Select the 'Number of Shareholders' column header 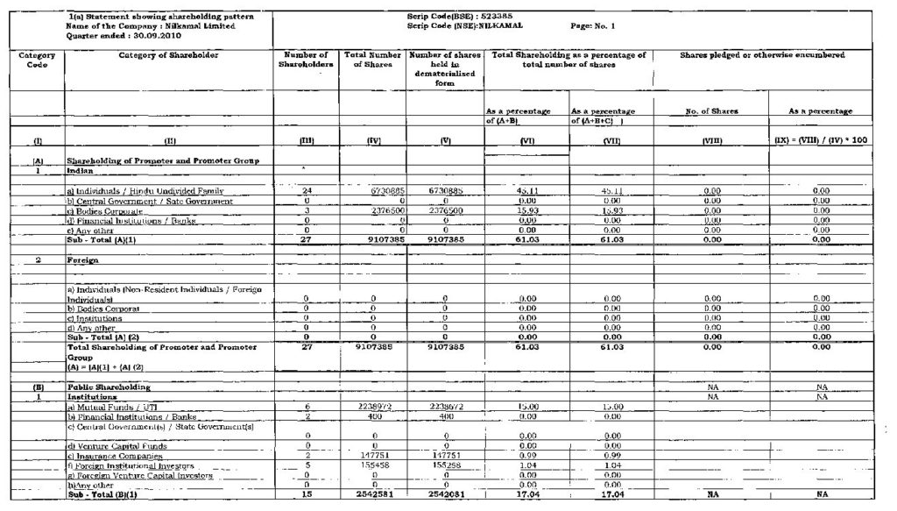pos(306,60)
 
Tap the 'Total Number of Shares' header pos(372,60)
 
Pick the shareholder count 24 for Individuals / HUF pos(306,190)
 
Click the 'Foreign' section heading pos(81,260)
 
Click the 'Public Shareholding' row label pos(109,386)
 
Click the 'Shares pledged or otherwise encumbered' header pos(762,55)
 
